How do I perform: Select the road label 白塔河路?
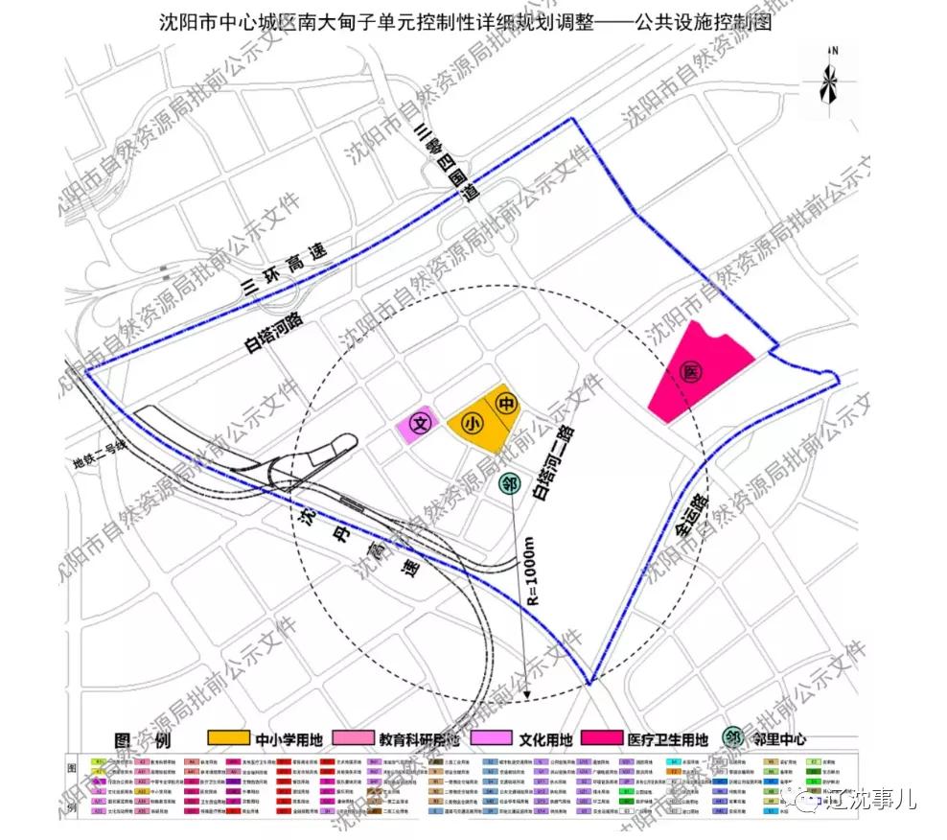coord(272,333)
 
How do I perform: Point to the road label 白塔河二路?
coord(548,466)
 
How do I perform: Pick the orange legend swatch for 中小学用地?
coord(229,739)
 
